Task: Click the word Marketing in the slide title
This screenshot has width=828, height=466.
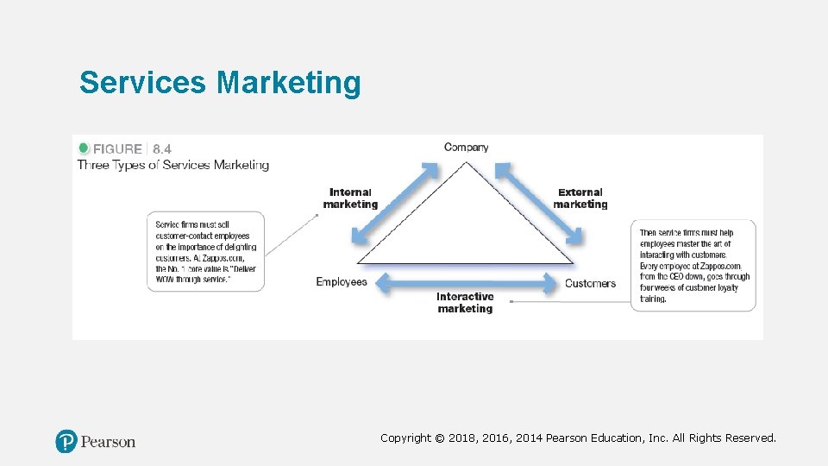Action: click(x=289, y=84)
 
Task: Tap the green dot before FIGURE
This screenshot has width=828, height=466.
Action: click(x=84, y=148)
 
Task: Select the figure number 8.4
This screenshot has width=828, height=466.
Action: click(x=162, y=148)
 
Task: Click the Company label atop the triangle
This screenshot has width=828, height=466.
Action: click(x=466, y=147)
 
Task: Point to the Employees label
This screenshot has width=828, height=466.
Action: click(x=342, y=281)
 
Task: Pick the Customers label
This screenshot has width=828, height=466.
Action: click(x=590, y=283)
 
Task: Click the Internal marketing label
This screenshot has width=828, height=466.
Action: click(x=350, y=198)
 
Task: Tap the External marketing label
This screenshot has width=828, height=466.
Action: click(x=580, y=198)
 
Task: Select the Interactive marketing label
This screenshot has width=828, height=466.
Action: click(x=465, y=302)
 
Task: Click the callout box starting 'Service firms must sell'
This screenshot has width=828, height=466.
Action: click(x=206, y=251)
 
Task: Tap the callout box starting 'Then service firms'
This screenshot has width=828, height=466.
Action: click(x=695, y=265)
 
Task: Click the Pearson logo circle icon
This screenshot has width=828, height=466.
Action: click(x=66, y=442)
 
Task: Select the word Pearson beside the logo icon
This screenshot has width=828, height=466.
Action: click(x=108, y=442)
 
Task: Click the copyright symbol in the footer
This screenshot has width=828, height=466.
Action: click(x=440, y=438)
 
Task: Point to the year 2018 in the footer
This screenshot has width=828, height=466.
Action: click(x=462, y=438)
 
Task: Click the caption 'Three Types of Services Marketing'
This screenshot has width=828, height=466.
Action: click(x=173, y=165)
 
